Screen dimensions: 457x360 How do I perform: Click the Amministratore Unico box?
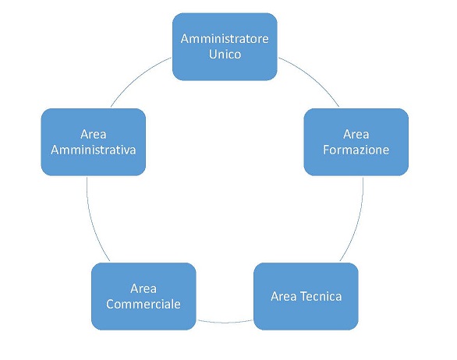tap(225, 47)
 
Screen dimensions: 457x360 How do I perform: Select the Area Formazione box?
tap(356, 142)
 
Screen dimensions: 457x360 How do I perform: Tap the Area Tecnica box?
tap(306, 297)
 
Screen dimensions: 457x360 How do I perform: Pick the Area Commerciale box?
tap(143, 297)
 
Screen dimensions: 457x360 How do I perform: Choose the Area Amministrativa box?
tap(94, 142)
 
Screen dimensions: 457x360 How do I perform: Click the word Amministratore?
tap(225, 39)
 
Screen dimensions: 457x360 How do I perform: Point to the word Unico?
tap(225, 55)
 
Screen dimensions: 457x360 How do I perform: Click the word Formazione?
tap(356, 150)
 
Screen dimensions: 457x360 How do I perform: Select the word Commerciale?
tap(143, 305)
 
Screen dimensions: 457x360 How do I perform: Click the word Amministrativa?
tap(94, 150)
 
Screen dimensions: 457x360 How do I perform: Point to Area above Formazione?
tap(356, 134)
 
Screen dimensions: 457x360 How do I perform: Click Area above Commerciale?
tap(143, 288)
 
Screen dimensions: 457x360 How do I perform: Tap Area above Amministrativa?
tap(94, 134)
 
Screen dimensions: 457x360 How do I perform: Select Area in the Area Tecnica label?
tap(284, 297)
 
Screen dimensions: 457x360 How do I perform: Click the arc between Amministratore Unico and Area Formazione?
tap(313, 76)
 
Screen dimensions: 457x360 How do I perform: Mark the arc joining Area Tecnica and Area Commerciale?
tap(225, 323)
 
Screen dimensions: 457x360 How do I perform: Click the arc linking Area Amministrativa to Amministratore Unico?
tap(137, 76)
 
